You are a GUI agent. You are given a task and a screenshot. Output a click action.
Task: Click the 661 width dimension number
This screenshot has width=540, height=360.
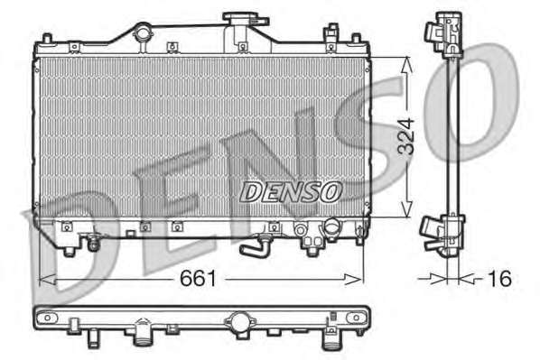(198, 278)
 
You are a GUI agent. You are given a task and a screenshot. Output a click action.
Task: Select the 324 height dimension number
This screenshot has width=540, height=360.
(405, 136)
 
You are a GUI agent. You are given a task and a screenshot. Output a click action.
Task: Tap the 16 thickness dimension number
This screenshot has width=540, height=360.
(499, 279)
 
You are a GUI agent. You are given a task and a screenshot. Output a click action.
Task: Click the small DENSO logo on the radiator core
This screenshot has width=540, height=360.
(291, 191)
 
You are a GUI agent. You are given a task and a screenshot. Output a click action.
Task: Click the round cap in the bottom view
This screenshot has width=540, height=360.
(240, 321)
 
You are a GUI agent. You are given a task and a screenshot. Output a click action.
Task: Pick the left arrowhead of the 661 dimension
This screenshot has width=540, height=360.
(47, 280)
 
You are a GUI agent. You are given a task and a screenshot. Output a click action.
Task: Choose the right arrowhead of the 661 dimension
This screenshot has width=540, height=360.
(354, 280)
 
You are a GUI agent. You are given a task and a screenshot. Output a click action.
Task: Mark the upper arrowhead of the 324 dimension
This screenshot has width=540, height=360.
(406, 64)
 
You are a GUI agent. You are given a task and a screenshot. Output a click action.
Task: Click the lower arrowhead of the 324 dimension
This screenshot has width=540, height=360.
(406, 209)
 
